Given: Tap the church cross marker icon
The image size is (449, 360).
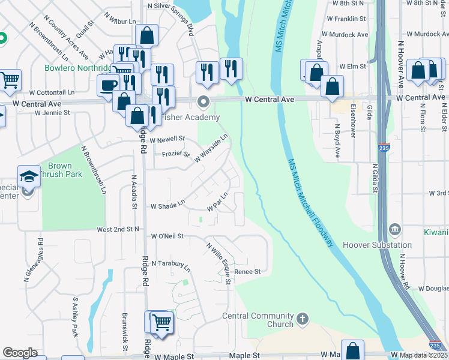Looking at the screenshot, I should click(303, 318).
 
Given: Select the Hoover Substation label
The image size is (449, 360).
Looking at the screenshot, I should click(378, 245).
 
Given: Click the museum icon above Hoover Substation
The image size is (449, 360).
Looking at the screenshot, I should click(395, 229).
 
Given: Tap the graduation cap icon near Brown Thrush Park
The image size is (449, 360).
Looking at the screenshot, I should click(29, 176).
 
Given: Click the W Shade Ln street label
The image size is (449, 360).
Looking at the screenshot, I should click(167, 206).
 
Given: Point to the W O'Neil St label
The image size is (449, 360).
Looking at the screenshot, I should click(167, 237).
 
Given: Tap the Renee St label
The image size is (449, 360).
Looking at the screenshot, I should click(247, 271).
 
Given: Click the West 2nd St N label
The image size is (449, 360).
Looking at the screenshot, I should click(118, 229).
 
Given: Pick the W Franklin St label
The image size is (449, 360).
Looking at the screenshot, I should click(346, 19).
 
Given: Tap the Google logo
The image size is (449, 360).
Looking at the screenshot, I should click(20, 353).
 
